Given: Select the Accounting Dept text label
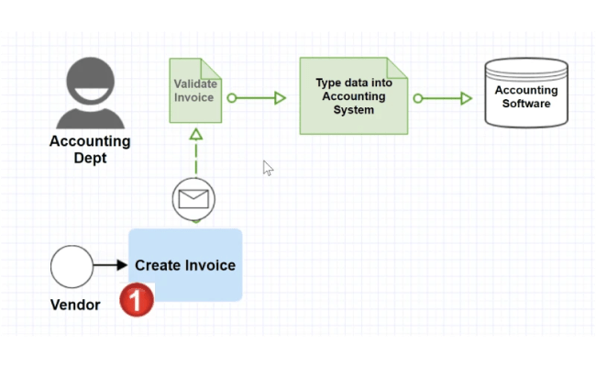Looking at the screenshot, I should pos(90,150).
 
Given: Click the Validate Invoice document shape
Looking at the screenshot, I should pos(195,91).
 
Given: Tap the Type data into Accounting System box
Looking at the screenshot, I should pos(353,95).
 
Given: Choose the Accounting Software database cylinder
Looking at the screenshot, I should pos(526,96).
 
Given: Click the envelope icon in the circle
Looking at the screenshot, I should pos(193,198).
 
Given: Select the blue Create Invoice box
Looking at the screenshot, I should pos(185,265).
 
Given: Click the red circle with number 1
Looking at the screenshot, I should pos(137,300).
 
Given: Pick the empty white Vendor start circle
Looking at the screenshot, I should pos(72,266).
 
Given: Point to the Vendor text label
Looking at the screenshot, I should pos(74,305).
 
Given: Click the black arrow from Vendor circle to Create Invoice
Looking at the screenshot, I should pos(110,266).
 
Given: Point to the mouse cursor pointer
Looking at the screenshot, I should pos(267,166).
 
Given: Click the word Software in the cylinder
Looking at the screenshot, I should pos(526,104).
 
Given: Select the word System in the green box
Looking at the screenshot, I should pos(354,110).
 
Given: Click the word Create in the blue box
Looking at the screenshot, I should pos(155,265).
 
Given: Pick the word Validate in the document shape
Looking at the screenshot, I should pos(194,83).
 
